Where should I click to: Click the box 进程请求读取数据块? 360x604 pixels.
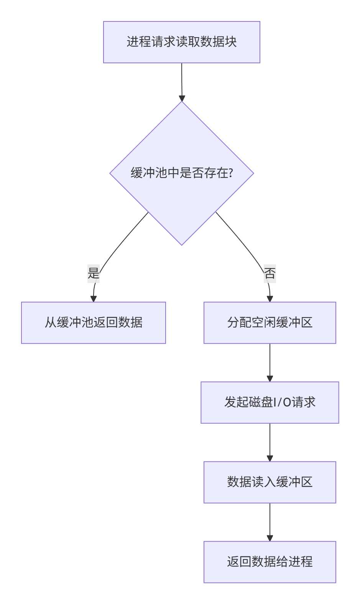tap(181, 42)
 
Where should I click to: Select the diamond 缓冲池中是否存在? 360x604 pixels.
tap(181, 173)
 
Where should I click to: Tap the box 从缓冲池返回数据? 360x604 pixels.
tap(93, 323)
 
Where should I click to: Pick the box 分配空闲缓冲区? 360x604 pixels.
tap(270, 323)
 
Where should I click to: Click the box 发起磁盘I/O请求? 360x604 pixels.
tap(270, 402)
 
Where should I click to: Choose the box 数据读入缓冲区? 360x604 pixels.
tap(270, 482)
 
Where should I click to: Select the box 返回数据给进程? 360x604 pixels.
tap(270, 562)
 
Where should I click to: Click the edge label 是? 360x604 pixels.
tap(94, 273)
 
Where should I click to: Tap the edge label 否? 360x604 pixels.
tap(270, 273)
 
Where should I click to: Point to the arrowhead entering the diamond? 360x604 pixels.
tap(182, 98)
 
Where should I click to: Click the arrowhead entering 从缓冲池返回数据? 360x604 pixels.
tap(93, 299)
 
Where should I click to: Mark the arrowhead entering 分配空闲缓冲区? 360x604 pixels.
tap(270, 299)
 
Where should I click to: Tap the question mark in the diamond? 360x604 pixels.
tap(230, 173)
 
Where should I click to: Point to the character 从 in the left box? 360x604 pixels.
tap(51, 323)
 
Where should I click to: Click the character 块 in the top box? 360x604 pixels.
tap(231, 42)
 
